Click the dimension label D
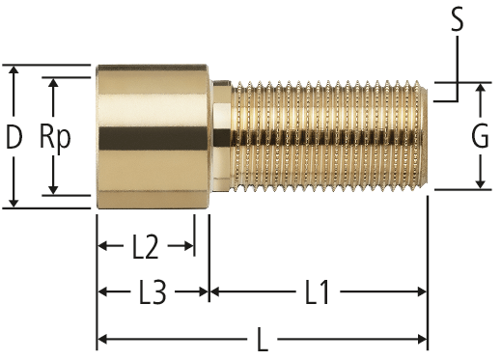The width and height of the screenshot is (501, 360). tap(14, 137)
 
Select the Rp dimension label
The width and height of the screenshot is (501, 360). tap(55, 138)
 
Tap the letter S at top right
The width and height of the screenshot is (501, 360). tap(457, 19)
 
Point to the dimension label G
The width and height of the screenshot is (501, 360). tap(480, 136)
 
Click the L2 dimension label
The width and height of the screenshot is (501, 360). tap(146, 247)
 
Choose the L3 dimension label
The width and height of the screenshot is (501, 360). tap(153, 292)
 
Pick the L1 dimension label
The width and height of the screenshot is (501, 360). tap(317, 292)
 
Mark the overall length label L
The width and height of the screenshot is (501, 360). tap(263, 339)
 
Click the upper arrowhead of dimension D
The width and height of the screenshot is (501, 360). tap(14, 71)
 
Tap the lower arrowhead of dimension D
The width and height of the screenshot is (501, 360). tap(14, 202)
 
